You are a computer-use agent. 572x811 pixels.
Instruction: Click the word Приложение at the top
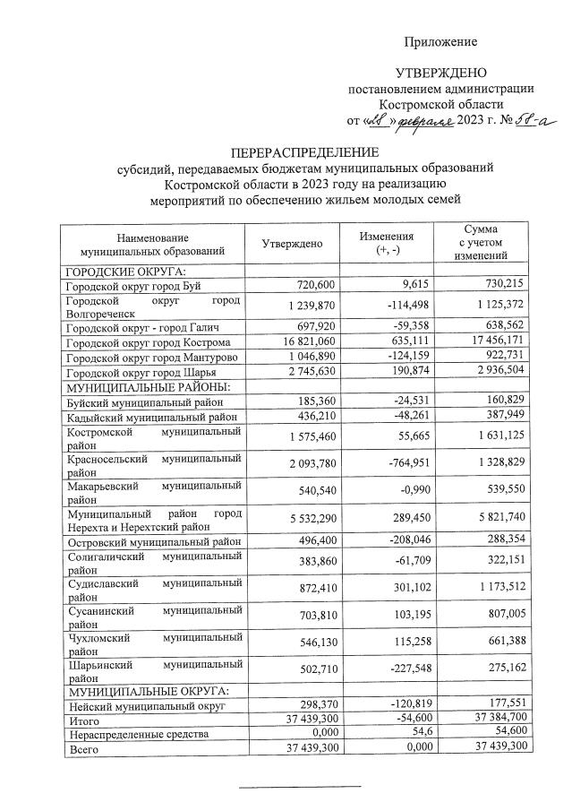click(x=440, y=41)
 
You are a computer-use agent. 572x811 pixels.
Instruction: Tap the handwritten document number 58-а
click(x=520, y=121)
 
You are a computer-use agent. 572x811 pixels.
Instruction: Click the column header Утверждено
click(x=292, y=244)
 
